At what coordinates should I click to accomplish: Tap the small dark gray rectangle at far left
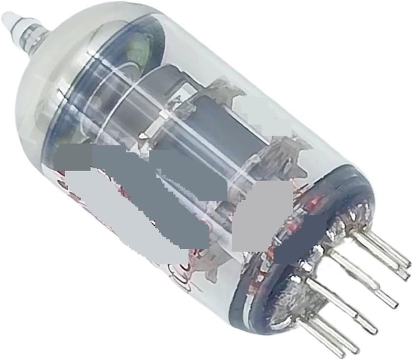[75, 158]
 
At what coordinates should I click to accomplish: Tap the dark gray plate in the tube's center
[224, 124]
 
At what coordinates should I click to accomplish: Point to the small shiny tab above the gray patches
[143, 136]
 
